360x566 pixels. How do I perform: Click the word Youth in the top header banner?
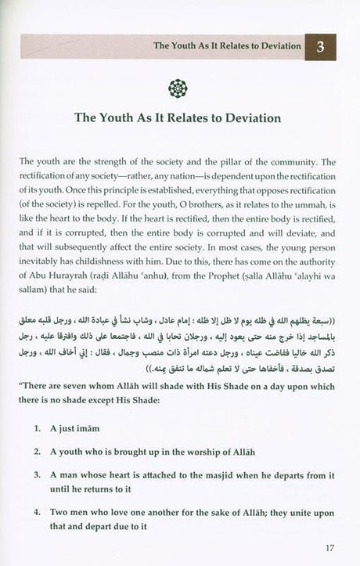[x=189, y=46]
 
